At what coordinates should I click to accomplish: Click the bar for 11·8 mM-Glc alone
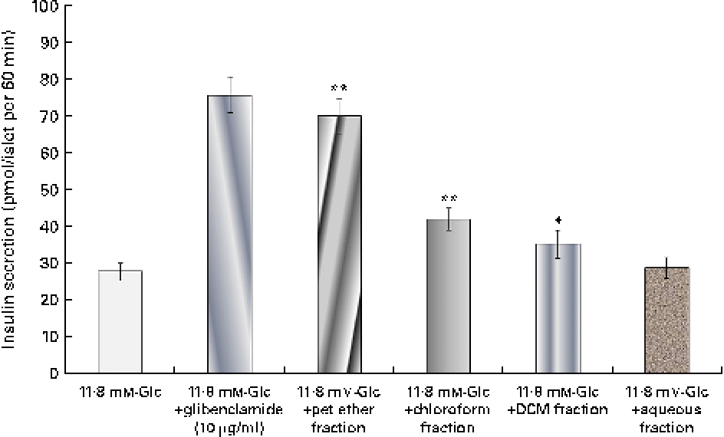120,322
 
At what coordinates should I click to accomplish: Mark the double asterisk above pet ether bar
339,88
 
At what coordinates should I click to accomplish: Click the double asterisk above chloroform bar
449,197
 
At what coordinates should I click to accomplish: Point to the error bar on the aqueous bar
667,268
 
